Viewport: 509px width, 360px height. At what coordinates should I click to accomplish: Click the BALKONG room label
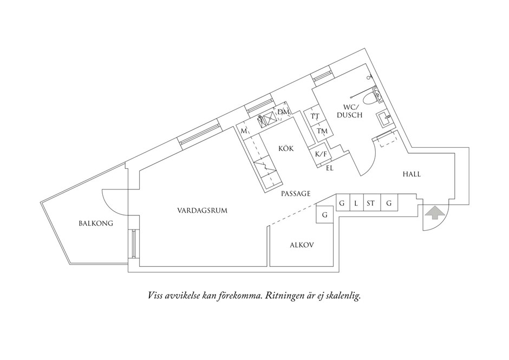point(95,222)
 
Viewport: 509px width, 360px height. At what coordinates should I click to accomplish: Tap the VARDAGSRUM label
point(202,211)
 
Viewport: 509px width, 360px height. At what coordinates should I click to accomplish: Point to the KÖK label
point(286,148)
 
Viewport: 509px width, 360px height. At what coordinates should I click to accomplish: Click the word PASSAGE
point(296,193)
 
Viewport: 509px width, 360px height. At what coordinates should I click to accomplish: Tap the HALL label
point(411,174)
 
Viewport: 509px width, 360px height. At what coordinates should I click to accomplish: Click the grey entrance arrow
point(433,213)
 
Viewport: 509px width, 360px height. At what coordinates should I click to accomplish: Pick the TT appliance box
point(315,116)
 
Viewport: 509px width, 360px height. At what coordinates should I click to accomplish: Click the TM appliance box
point(322,132)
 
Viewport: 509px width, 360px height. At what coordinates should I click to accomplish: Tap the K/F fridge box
point(320,154)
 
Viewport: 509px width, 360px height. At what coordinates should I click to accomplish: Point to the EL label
point(329,168)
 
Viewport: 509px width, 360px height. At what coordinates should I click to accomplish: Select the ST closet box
point(371,204)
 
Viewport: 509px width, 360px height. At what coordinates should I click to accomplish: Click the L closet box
point(356,204)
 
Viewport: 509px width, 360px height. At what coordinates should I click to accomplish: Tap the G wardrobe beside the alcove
point(324,215)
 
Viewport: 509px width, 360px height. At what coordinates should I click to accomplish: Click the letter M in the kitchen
point(244,131)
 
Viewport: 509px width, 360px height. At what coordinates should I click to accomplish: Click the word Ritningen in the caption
point(285,296)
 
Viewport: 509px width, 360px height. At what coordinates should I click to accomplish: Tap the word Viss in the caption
point(156,296)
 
